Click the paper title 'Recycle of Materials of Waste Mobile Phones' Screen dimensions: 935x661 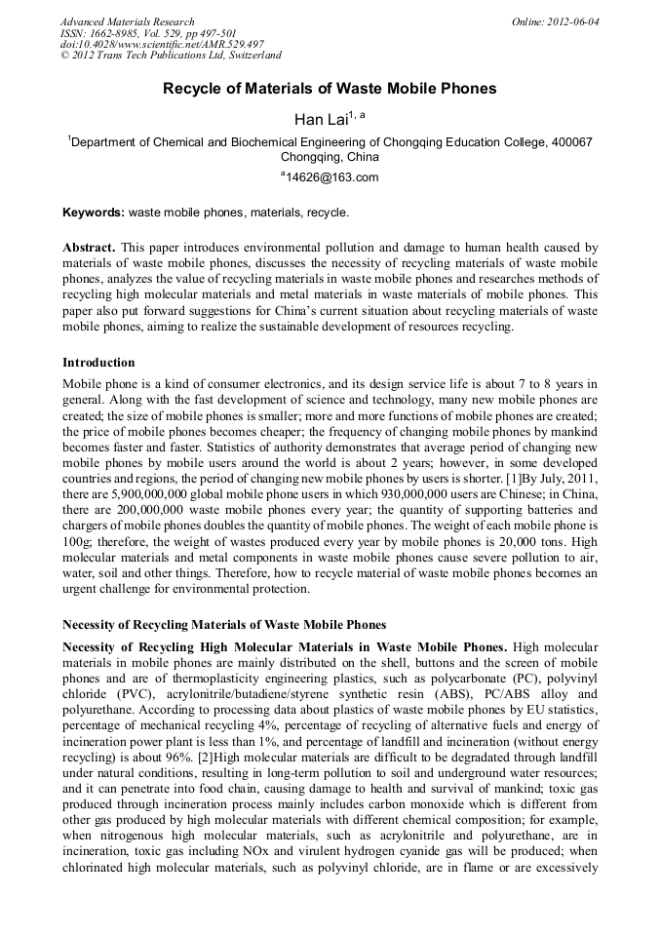pos(330,89)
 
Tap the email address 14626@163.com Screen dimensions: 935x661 pos(331,177)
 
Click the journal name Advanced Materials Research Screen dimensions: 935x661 pos(127,21)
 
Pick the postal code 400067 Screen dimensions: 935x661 pos(568,141)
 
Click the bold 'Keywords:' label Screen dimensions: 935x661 pos(94,212)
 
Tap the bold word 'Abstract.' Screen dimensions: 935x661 pos(91,248)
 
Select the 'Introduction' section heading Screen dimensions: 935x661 pos(98,362)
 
